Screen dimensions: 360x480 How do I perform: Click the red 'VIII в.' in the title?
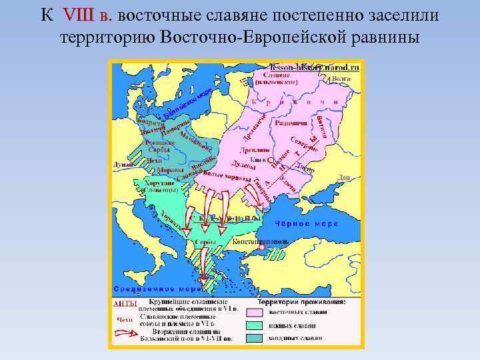(89, 14)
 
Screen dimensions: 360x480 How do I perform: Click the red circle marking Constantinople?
(263, 247)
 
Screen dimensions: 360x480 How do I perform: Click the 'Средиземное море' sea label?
(154, 289)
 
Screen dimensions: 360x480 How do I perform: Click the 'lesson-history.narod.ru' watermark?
(314, 67)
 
